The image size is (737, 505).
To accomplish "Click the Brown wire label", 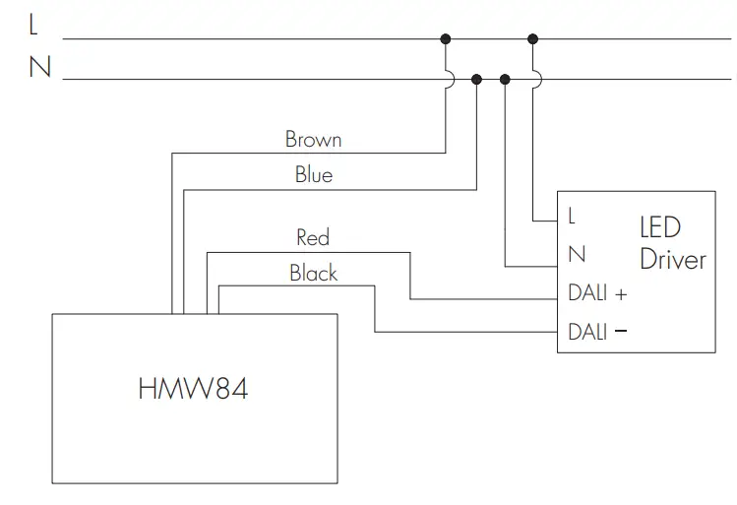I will pos(313,139).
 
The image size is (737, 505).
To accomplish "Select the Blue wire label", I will pos(314,175).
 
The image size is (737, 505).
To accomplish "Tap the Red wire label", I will pos(313,237).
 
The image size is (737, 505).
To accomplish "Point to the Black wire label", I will pos(314,273).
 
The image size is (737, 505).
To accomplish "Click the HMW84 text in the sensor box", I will pos(193,389).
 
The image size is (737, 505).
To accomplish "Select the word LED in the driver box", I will pos(659,227).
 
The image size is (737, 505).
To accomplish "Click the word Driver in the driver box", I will pos(672,260).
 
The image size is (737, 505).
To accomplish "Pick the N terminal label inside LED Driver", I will pos(577,255).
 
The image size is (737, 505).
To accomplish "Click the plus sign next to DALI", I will pos(620,294).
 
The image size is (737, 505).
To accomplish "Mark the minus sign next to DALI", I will pos(620,332).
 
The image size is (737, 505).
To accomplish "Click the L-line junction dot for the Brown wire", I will pos(446,39).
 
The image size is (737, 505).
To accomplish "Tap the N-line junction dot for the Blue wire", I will pos(476,80).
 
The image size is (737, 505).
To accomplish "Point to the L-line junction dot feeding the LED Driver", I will pos(532,39).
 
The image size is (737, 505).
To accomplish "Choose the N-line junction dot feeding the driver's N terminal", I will pos(506,80).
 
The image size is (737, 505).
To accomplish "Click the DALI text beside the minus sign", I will pos(587,332).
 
